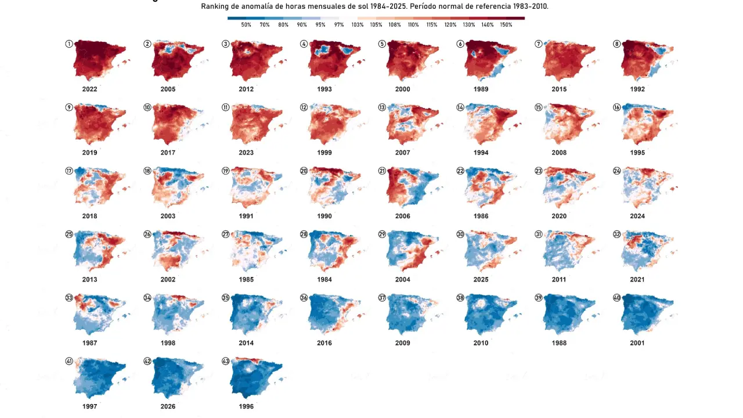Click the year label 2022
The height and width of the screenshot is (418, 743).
[89, 89]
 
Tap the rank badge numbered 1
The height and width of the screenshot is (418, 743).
[69, 44]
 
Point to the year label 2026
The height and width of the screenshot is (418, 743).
[168, 406]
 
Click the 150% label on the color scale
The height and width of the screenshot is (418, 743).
[506, 25]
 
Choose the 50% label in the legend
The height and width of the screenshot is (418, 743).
[246, 25]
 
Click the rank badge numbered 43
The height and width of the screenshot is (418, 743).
[225, 361]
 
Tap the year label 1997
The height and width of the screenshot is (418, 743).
[89, 406]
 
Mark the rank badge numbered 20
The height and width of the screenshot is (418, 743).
[304, 171]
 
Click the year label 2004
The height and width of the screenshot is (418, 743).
[402, 280]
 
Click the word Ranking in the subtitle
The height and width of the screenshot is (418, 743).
[215, 6]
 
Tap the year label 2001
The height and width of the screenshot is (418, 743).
[637, 343]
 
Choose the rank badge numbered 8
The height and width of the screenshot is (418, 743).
[616, 44]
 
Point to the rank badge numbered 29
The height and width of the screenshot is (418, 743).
[382, 234]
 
